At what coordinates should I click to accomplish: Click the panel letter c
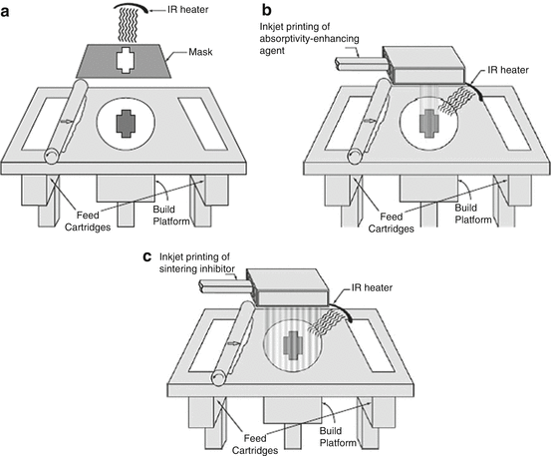point(147,256)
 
